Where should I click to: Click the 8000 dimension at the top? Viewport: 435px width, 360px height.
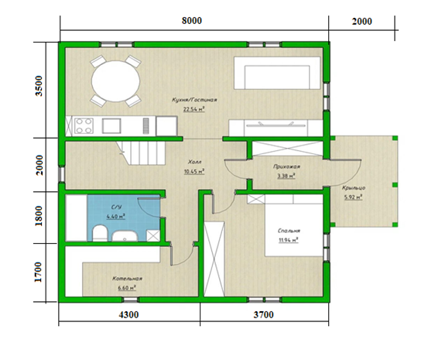pos(192,21)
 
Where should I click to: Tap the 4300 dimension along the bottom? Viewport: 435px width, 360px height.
pos(128,315)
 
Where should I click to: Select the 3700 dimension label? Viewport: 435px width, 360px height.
pos(263,315)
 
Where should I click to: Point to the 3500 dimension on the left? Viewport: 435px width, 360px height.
pos(39,86)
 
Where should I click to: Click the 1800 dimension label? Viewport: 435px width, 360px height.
pos(39,216)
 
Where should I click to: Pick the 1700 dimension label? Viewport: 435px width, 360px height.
pos(38,272)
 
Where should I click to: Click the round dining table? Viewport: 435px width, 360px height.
pos(115,81)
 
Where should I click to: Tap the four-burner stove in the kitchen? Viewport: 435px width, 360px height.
pos(84,126)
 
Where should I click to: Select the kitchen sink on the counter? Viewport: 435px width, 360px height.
pos(111,126)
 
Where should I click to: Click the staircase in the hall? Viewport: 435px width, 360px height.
pos(141,153)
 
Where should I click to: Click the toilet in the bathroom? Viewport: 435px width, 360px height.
pos(100,233)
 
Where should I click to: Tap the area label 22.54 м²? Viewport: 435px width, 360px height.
pos(194,109)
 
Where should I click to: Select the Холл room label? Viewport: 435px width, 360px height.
pos(195,162)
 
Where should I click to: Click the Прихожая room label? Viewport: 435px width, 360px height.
pos(286,166)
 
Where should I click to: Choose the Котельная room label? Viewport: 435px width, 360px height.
pos(128,279)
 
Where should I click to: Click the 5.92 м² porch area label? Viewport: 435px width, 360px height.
pos(354,197)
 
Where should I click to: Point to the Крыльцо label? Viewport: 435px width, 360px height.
pos(354,188)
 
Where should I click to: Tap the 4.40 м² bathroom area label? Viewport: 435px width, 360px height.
pos(116,216)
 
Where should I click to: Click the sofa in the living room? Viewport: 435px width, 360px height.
pos(277,73)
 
